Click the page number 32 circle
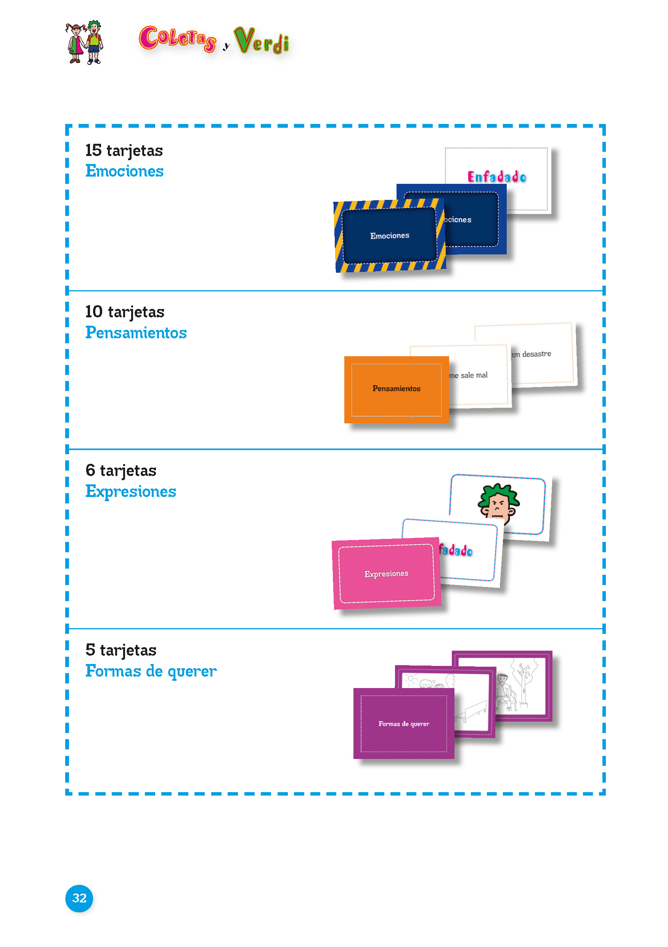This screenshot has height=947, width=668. [x=79, y=898]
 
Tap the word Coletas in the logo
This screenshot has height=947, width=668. [x=177, y=39]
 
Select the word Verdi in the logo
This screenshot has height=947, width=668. [x=262, y=41]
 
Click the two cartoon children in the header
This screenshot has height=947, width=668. [x=85, y=42]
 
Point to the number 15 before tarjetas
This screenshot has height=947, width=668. [x=93, y=150]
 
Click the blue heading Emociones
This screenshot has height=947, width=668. [x=124, y=171]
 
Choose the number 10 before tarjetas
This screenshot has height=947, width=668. [x=93, y=312]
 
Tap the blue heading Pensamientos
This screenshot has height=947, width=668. [x=136, y=333]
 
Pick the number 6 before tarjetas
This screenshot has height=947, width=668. [x=90, y=470]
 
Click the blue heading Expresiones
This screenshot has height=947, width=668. [x=130, y=492]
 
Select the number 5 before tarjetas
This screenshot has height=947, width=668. [x=90, y=650]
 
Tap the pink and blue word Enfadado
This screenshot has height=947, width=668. [x=497, y=177]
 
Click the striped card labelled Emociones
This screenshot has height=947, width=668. [x=389, y=236]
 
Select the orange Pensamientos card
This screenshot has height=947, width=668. [x=396, y=389]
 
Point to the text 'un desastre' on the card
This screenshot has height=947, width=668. [x=532, y=354]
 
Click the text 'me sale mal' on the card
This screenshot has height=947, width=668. [x=469, y=375]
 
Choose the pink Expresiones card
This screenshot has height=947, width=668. [x=386, y=574]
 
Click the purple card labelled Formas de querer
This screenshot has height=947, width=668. [x=404, y=724]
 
